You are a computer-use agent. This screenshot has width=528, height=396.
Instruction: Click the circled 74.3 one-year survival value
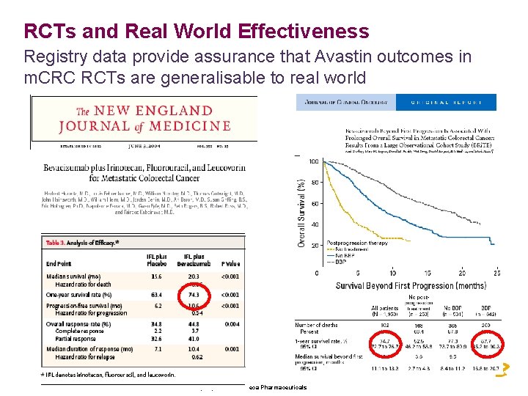[194, 294]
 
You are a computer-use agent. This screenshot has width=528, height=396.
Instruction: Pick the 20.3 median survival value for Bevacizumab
[194, 276]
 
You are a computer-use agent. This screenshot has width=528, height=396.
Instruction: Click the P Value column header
[230, 263]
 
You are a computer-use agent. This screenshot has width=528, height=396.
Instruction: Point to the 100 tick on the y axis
[313, 162]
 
